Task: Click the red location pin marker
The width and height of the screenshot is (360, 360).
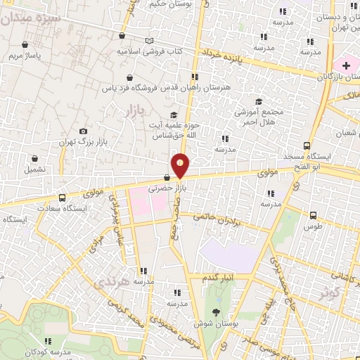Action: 181,165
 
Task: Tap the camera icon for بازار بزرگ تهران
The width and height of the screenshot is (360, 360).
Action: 84,131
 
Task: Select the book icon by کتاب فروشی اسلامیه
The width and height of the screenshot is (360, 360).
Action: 148,41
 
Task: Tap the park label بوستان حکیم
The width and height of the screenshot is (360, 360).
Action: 171,4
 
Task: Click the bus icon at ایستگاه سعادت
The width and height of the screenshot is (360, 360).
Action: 63,198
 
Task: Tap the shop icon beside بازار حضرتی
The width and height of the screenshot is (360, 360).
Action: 167,178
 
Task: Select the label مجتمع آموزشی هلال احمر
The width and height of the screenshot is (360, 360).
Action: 260,117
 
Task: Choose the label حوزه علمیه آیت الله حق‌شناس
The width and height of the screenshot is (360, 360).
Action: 169,129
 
